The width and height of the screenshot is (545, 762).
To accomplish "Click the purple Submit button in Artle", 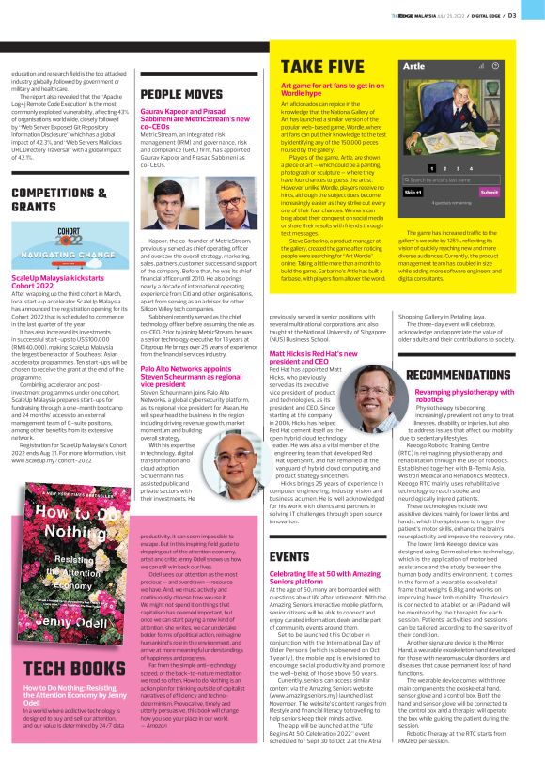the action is (x=489, y=192).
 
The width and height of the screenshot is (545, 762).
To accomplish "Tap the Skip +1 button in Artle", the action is (x=413, y=192).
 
